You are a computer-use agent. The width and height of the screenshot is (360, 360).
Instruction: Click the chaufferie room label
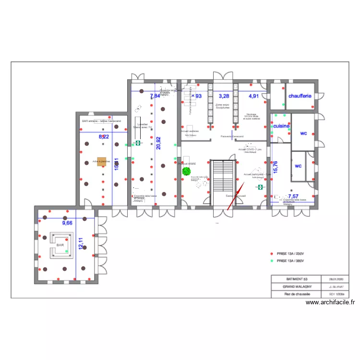click(300, 96)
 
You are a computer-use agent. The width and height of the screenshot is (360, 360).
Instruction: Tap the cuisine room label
click(281, 126)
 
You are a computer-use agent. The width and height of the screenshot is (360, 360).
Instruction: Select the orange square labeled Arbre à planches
click(101, 162)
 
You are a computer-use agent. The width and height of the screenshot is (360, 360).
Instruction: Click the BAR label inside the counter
click(60, 245)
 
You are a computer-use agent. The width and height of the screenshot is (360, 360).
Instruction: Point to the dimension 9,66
click(66, 223)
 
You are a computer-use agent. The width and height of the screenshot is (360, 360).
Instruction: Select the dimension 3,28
click(224, 96)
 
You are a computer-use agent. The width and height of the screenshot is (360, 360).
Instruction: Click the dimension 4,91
click(253, 96)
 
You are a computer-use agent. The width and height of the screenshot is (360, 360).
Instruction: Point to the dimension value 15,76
click(275, 167)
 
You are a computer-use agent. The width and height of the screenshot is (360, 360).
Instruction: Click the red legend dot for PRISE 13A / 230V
click(272, 253)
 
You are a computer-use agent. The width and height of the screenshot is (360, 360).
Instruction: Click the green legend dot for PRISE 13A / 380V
click(272, 261)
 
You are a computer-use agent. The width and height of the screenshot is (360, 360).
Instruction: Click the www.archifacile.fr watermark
click(330, 302)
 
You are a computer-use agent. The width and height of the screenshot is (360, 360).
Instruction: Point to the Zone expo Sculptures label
click(222, 106)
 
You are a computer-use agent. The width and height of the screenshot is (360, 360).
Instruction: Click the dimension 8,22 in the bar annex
click(104, 137)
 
